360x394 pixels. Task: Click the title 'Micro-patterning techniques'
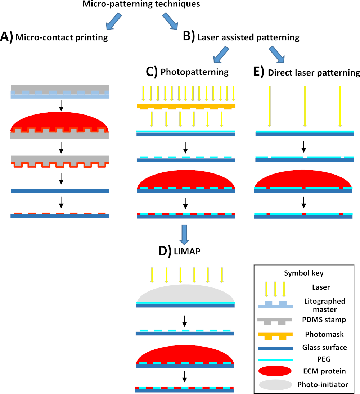[x=141, y=4]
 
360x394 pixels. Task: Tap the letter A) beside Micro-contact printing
[x=6, y=37]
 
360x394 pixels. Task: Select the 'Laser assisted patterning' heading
[x=248, y=37]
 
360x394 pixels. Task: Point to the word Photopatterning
[x=195, y=72]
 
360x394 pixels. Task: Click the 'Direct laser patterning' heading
[x=314, y=73]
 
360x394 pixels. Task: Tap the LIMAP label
[x=187, y=251]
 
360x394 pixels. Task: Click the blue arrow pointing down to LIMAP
[x=184, y=235]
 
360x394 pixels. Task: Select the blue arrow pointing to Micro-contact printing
[x=114, y=21]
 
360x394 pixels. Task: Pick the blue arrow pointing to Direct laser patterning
[x=277, y=54]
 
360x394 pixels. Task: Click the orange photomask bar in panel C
[x=186, y=106]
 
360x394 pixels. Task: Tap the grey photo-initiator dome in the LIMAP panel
[x=185, y=293]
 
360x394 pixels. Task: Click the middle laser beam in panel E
[x=305, y=106]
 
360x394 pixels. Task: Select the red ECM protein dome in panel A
[x=60, y=121]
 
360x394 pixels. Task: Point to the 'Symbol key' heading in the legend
[x=304, y=273]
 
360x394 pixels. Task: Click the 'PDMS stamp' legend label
[x=324, y=320]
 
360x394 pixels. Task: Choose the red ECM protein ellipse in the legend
[x=275, y=371]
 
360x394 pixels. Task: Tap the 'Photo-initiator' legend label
[x=323, y=384]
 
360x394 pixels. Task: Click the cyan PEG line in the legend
[x=275, y=360]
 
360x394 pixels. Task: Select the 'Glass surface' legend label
[x=325, y=347]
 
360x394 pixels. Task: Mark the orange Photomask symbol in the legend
[x=275, y=336]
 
